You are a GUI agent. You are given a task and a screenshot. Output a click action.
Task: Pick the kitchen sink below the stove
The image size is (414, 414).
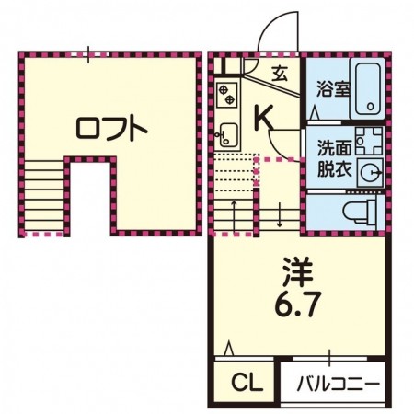(x=226, y=137)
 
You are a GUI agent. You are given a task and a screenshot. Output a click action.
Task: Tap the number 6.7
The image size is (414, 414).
(x=298, y=305)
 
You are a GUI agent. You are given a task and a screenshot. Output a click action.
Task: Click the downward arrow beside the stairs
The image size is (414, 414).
(x=279, y=215)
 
